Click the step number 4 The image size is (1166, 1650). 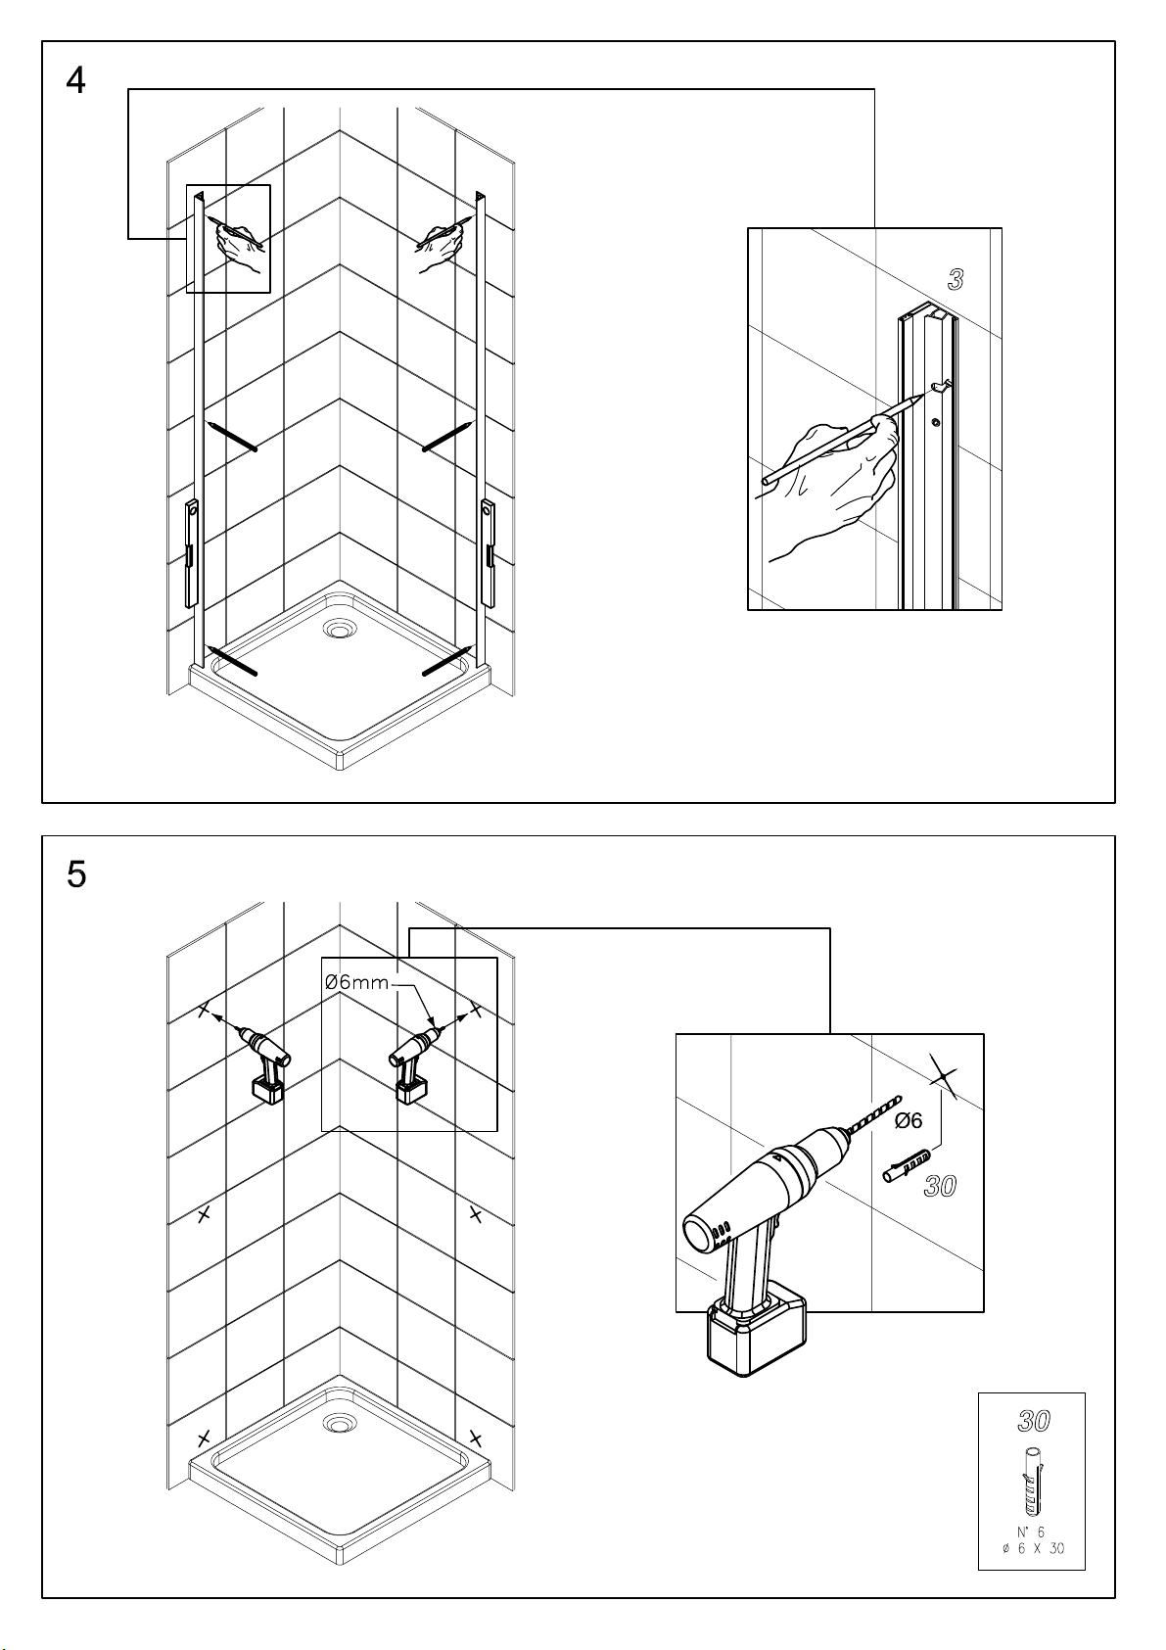click(75, 80)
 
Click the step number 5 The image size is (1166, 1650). click(75, 874)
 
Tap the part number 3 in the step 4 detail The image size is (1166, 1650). click(956, 279)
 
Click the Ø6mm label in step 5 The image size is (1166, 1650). click(356, 982)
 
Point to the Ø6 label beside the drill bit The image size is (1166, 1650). click(909, 1120)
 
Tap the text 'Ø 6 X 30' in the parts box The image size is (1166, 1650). click(1033, 1548)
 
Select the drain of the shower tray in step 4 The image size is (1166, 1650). click(338, 629)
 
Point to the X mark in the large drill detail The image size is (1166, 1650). click(943, 1079)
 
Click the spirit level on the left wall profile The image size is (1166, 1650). click(191, 553)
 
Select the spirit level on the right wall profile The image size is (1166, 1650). click(488, 553)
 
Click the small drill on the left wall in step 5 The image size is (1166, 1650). click(264, 1061)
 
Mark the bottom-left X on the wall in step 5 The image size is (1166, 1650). click(204, 1438)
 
